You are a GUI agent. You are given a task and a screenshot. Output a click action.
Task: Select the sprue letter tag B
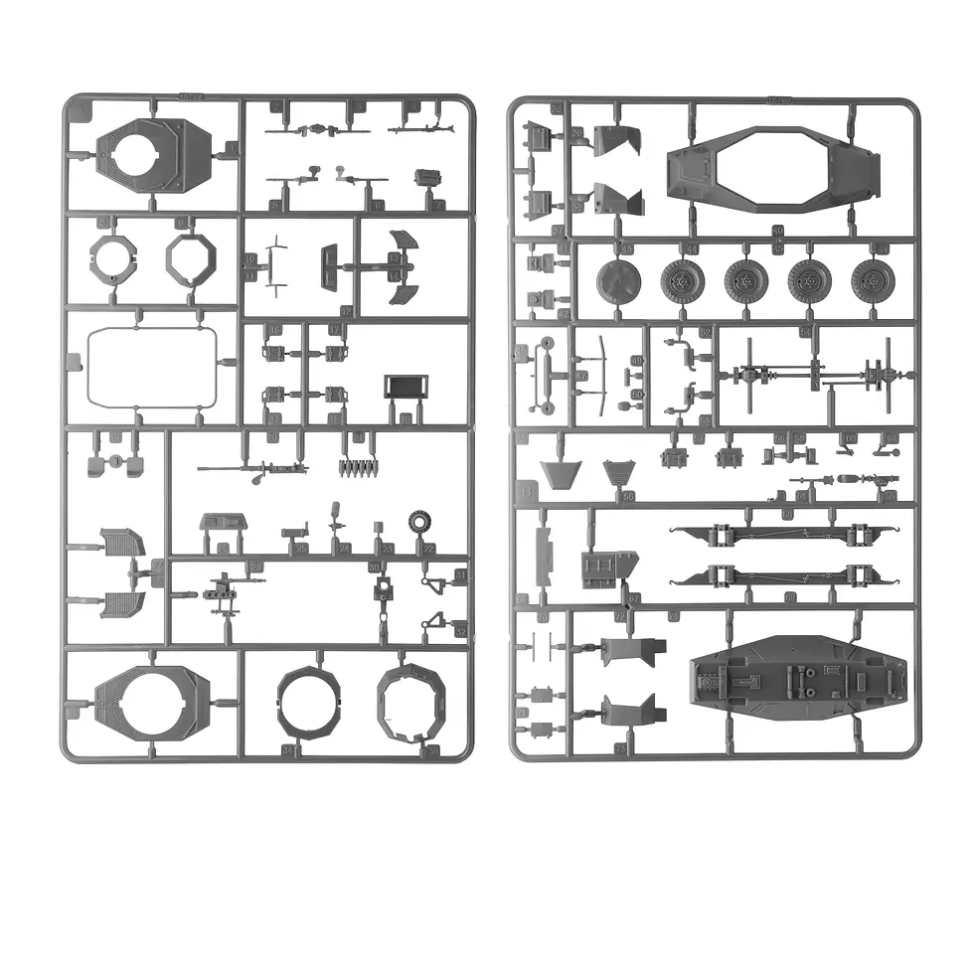click(x=526, y=490)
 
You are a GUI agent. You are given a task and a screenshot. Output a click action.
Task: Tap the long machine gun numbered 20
click(x=253, y=467)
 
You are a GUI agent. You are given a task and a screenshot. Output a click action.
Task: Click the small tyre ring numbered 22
click(x=420, y=521)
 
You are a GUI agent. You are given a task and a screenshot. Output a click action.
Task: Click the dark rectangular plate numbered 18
click(x=405, y=387)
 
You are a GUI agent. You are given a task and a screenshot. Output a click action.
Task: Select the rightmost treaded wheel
click(x=872, y=281)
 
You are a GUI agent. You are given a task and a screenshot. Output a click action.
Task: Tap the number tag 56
click(x=628, y=495)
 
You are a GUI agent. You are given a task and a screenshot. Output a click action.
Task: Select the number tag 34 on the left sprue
click(x=288, y=750)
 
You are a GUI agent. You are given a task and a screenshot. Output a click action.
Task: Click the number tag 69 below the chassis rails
click(x=790, y=597)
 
